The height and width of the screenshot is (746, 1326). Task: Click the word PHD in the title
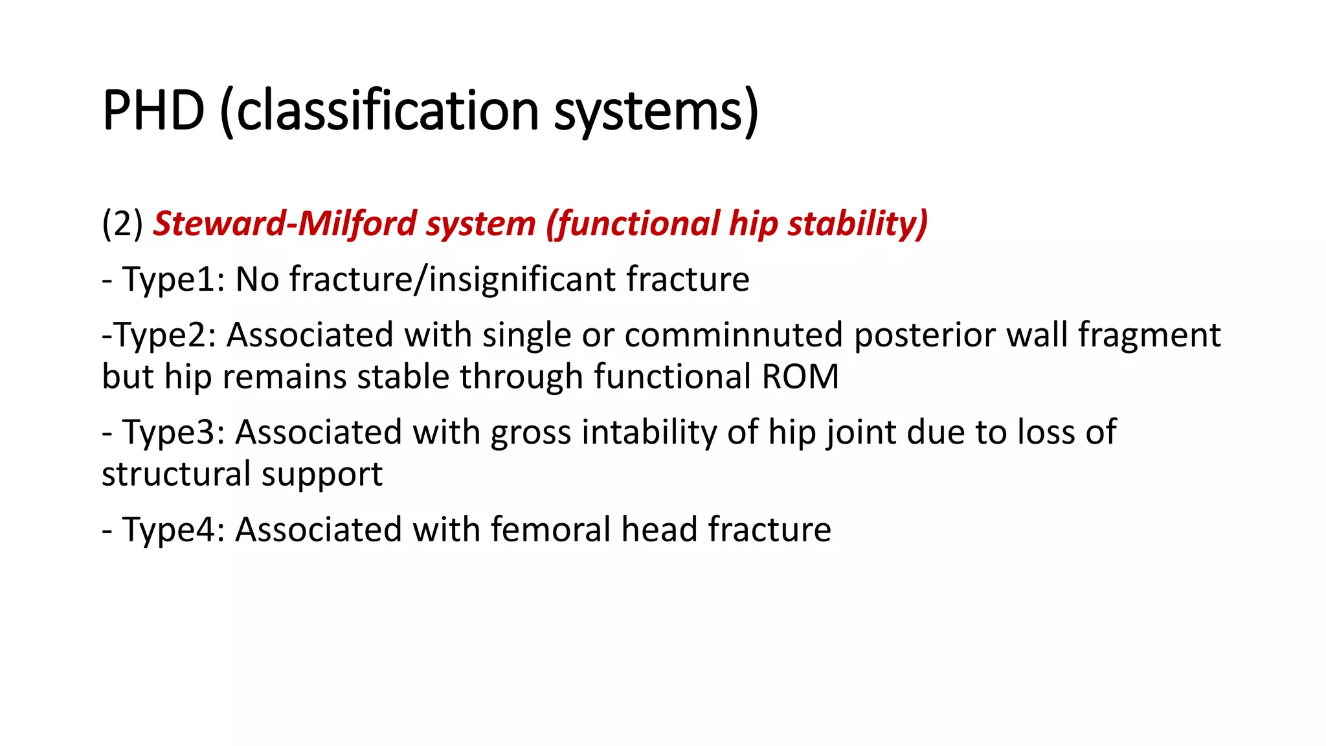[153, 111]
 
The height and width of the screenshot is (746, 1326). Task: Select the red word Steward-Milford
[284, 223]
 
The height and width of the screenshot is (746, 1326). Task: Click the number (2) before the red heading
[122, 223]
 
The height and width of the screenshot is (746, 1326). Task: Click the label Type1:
[174, 280]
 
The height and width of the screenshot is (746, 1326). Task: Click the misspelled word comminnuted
[734, 335]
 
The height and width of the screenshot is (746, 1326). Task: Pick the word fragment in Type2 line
[1149, 335]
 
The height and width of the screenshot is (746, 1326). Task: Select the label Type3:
[174, 433]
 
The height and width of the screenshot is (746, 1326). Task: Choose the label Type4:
[174, 530]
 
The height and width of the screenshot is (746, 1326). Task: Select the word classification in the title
[387, 111]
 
